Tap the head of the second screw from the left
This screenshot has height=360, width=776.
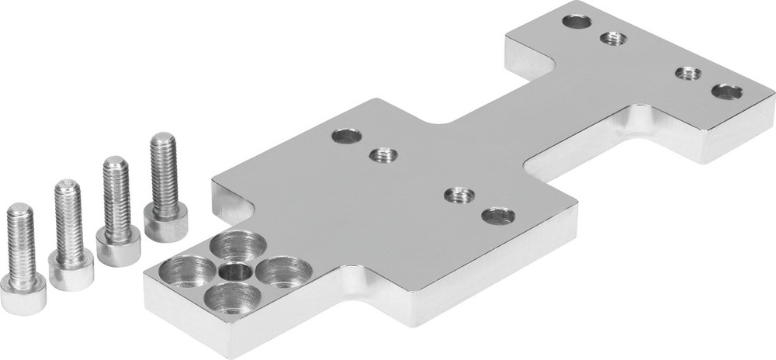(x=71, y=272)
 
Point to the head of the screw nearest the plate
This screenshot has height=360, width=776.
(x=165, y=224)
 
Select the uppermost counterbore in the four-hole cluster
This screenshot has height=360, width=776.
(x=238, y=246)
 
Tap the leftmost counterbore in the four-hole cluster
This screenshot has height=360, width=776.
(x=190, y=272)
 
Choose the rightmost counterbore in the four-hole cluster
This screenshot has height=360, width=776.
(x=283, y=272)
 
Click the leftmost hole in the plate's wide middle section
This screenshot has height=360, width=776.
(x=347, y=137)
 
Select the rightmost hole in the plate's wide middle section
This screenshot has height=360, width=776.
(x=497, y=215)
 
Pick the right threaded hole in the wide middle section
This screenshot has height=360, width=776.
(x=460, y=193)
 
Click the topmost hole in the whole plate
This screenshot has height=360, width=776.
(x=577, y=21)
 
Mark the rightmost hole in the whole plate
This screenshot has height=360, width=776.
(x=726, y=92)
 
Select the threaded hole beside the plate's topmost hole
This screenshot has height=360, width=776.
(x=613, y=37)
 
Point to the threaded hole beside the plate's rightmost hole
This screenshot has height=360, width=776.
(x=688, y=74)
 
